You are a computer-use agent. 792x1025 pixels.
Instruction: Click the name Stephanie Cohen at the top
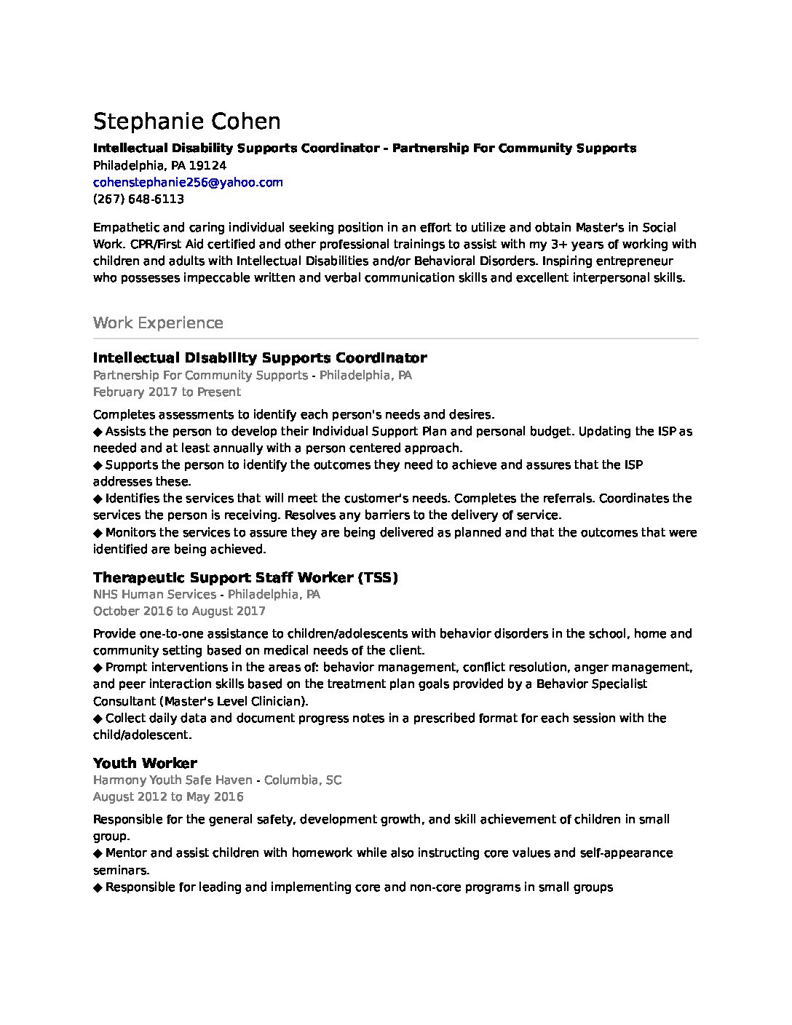point(186,122)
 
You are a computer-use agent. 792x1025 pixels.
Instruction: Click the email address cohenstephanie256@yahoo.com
point(188,182)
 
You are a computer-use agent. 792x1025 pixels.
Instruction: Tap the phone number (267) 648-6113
point(138,199)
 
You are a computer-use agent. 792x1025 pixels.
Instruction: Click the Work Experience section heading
point(158,322)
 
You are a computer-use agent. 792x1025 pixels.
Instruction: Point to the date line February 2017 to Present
point(167,392)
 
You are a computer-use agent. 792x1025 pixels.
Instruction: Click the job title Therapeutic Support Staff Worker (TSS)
point(245,577)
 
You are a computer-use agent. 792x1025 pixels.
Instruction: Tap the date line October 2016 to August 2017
point(179,611)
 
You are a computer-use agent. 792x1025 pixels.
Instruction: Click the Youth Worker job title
point(145,763)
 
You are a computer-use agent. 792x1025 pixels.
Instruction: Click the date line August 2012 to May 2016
point(168,796)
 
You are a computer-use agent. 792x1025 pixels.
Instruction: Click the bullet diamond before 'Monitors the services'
point(98,533)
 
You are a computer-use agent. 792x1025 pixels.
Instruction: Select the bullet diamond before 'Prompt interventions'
point(98,668)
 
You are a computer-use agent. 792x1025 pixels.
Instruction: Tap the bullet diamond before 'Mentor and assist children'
point(98,853)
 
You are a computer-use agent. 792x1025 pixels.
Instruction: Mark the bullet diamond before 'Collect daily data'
point(98,719)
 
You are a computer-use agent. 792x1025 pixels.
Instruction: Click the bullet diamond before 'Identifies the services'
point(98,499)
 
